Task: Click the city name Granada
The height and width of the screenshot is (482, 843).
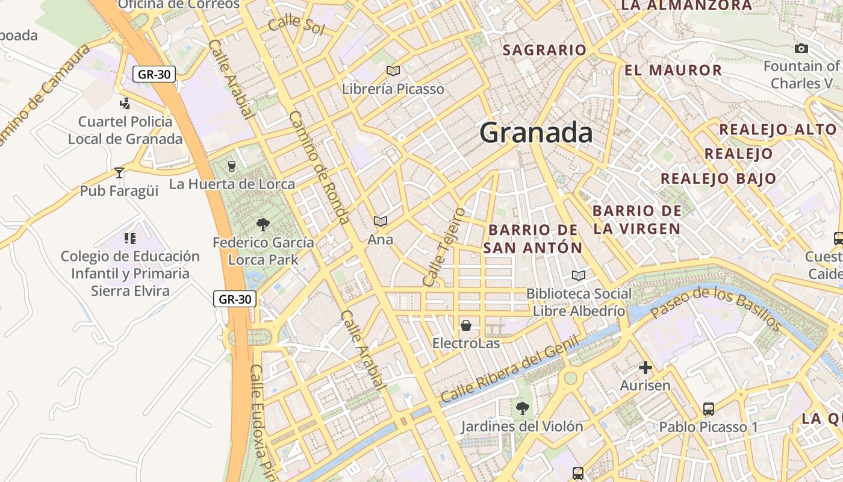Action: point(536,133)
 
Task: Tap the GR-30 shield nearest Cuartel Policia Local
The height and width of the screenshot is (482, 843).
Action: point(154,75)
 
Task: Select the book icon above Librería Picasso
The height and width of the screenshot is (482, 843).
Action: point(393,71)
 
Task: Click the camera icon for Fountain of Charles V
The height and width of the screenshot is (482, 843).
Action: point(801,49)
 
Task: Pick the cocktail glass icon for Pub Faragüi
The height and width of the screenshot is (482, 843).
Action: point(119,173)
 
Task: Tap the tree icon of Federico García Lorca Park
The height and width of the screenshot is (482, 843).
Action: point(263,225)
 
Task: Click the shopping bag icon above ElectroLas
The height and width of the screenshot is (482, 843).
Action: point(466,326)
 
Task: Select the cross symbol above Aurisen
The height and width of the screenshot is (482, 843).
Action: point(645,368)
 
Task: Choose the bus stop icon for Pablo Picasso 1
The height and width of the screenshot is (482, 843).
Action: point(709,409)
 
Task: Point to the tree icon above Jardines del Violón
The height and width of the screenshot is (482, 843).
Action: point(522,408)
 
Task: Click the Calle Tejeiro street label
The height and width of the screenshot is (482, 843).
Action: point(444,247)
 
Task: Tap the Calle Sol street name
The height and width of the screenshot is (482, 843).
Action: point(296,26)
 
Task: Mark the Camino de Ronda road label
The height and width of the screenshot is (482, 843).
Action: point(319,167)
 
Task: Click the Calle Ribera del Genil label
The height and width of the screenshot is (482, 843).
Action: point(509,370)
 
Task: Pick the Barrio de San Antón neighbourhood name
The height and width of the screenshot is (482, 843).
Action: point(533,239)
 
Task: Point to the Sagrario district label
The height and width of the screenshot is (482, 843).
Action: point(544,50)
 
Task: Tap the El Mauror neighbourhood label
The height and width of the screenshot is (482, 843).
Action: point(673,70)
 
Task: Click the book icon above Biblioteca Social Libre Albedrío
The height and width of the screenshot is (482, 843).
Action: point(579,275)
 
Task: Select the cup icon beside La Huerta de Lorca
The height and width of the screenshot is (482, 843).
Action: point(231,166)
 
